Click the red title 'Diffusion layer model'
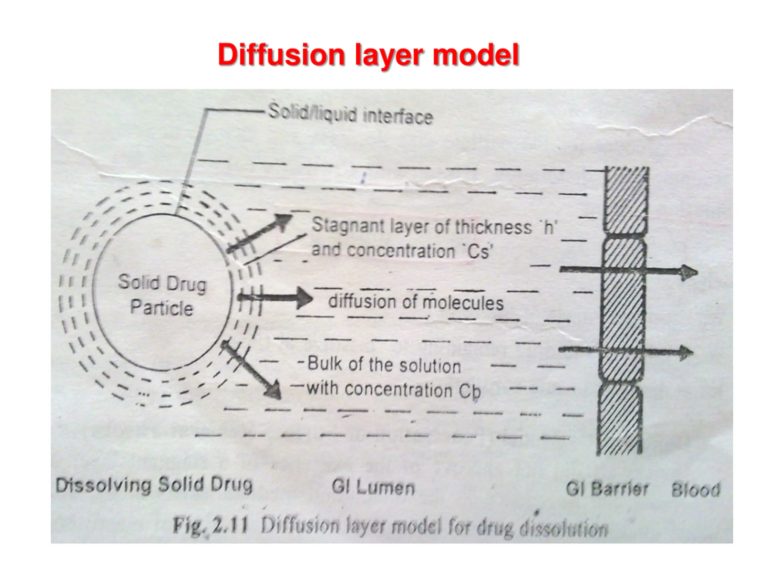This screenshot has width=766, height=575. pyautogui.click(x=368, y=55)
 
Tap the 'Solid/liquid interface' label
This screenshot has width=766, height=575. pyautogui.click(x=350, y=114)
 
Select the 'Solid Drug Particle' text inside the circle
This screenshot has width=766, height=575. pyautogui.click(x=162, y=295)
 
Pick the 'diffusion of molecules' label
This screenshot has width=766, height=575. pyautogui.click(x=416, y=302)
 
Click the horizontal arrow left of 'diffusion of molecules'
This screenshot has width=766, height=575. pyautogui.click(x=275, y=297)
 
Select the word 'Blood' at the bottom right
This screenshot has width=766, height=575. pyautogui.click(x=696, y=490)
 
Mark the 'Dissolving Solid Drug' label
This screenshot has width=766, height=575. pyautogui.click(x=154, y=485)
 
